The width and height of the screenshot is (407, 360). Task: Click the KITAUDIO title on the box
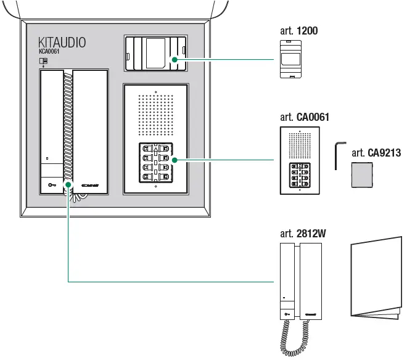pyautogui.click(x=62, y=43)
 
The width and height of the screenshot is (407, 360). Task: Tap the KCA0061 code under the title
pyautogui.click(x=49, y=53)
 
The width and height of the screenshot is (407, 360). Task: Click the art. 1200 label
pyautogui.click(x=299, y=31)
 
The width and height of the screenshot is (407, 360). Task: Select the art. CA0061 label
pyautogui.click(x=305, y=117)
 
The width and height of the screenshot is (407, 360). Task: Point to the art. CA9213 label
pyautogui.click(x=376, y=153)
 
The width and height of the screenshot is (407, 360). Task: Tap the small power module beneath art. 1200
pyautogui.click(x=289, y=59)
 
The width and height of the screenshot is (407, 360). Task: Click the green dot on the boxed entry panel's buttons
pyautogui.click(x=175, y=160)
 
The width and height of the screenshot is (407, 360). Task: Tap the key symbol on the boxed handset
pyautogui.click(x=51, y=184)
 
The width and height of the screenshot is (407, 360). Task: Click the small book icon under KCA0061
pyautogui.click(x=43, y=61)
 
